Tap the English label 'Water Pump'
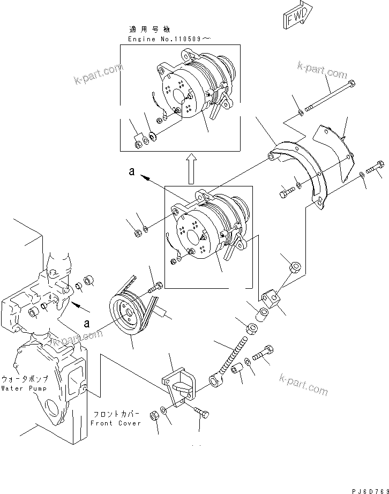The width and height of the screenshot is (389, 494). pos(24,388)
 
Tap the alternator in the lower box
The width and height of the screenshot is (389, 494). pos(206,230)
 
